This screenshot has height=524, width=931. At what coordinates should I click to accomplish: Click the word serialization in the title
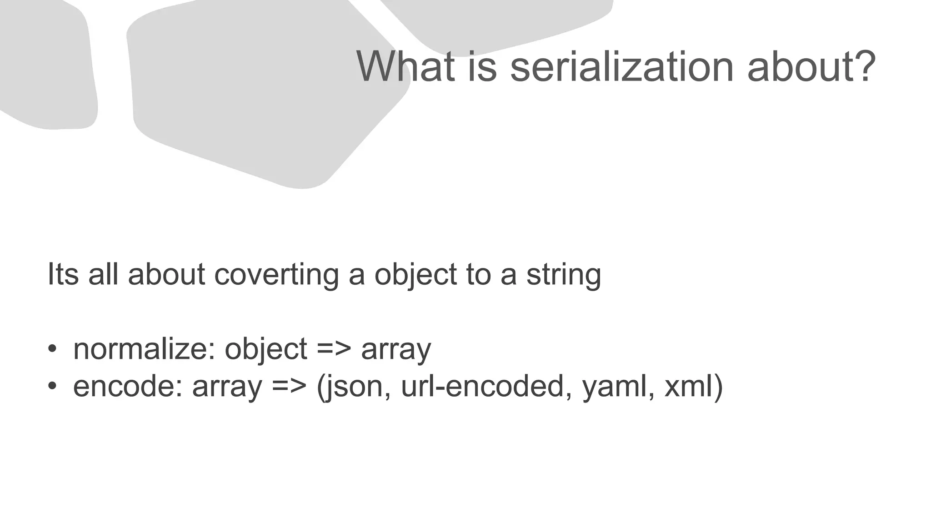(622, 67)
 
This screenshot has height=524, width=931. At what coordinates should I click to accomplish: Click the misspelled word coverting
(276, 274)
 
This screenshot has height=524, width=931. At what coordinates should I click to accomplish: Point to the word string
(564, 274)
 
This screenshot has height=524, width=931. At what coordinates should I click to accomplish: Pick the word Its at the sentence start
(63, 274)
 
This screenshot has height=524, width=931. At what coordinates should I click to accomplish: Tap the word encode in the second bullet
(127, 386)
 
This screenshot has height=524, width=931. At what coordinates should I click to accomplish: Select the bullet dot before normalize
(52, 349)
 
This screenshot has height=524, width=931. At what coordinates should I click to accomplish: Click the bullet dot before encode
(52, 386)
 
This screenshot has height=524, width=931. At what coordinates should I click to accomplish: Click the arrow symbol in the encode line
(290, 386)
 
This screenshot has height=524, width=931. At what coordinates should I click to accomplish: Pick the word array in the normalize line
(396, 349)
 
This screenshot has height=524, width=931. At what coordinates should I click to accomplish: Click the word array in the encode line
(227, 386)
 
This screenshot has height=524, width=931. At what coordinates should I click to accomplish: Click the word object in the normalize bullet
(266, 349)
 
